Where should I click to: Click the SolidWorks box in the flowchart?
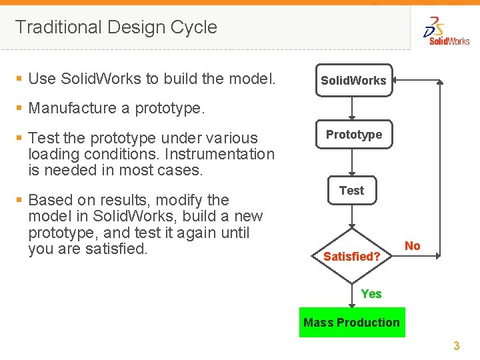353,80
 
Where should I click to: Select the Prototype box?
353,135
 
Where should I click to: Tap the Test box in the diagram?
351,191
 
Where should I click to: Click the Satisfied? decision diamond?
352,256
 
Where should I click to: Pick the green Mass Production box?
351,323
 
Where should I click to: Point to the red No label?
413,246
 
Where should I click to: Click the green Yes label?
371,294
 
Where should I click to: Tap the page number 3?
457,346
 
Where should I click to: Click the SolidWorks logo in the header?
447,31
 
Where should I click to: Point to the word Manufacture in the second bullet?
79,108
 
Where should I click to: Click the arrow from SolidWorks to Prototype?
353,109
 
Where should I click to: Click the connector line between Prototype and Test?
352,163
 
